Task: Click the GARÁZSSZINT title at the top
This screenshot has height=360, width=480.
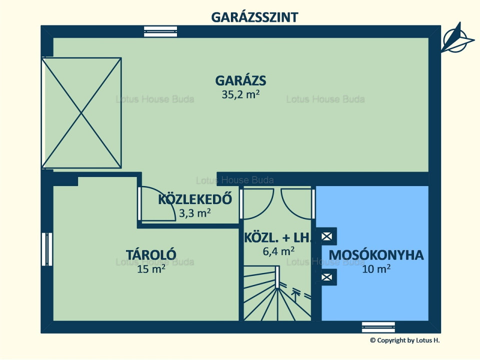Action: pos(254,17)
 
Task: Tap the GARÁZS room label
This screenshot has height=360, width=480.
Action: pos(240,80)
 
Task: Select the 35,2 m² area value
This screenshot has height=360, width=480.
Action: pos(240,94)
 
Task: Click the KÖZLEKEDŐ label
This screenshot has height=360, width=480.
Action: pos(195,199)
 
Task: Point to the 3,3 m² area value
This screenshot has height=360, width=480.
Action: pos(194,213)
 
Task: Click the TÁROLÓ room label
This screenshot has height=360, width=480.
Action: pos(151,254)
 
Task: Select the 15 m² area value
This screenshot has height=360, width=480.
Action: pos(151,269)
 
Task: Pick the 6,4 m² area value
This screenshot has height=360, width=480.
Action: pos(278,251)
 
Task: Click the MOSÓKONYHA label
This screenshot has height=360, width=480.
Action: pos(376,255)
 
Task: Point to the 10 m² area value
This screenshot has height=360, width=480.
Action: pos(376,269)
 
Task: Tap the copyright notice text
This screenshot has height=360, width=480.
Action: pos(404,340)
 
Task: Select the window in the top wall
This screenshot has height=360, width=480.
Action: pos(160,31)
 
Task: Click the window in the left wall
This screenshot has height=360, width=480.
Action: pos(47,249)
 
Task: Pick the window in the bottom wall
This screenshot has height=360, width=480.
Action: pos(378,327)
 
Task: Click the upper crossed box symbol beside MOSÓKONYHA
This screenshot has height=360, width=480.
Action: pos(326,236)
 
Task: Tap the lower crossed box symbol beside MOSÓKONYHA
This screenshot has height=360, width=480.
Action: pos(326,277)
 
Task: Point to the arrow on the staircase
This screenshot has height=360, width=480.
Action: pos(294,295)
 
